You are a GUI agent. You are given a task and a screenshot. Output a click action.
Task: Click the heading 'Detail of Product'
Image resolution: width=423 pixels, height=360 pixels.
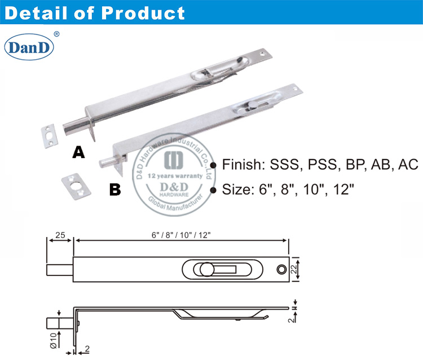[x=95, y=13]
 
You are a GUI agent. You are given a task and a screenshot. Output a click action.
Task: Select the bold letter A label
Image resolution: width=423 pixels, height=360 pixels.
[x=79, y=152]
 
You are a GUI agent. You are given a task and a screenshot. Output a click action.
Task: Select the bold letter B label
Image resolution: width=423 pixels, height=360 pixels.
[x=114, y=190]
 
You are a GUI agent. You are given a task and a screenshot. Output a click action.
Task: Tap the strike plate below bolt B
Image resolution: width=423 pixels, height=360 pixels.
[x=77, y=183]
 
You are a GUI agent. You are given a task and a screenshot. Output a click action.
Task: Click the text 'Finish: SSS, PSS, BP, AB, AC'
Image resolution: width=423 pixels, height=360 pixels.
[x=320, y=165]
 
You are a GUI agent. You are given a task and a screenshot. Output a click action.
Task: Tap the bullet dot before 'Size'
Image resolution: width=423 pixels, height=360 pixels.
[x=213, y=190]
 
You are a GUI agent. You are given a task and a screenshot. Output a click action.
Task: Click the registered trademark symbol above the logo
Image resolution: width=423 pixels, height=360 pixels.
[x=56, y=34]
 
